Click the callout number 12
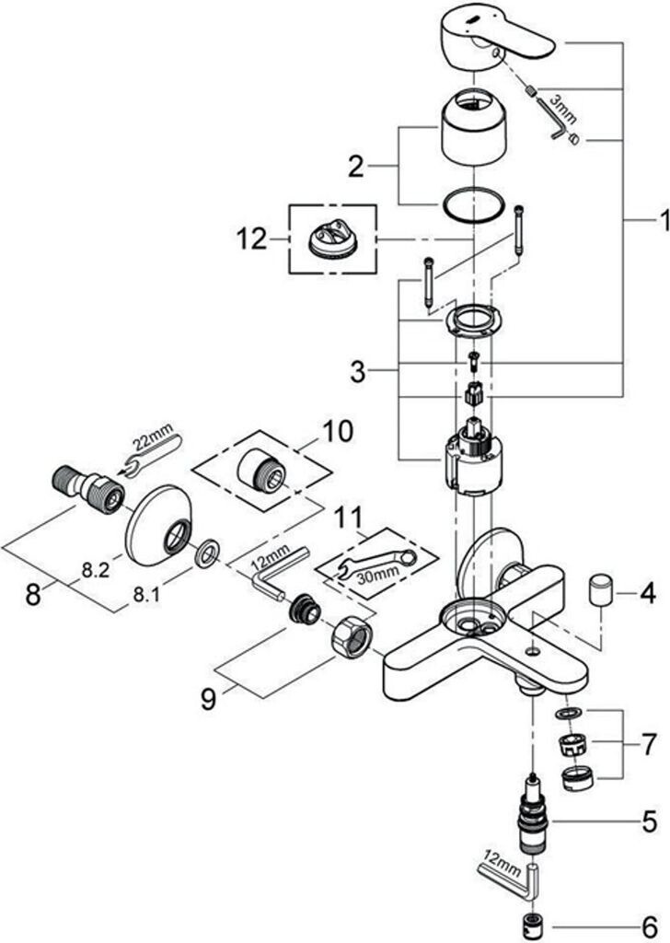[x=251, y=239]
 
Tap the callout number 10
[x=337, y=431]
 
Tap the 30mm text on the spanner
[x=374, y=575]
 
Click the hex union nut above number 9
[x=354, y=635]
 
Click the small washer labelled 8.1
[x=206, y=553]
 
